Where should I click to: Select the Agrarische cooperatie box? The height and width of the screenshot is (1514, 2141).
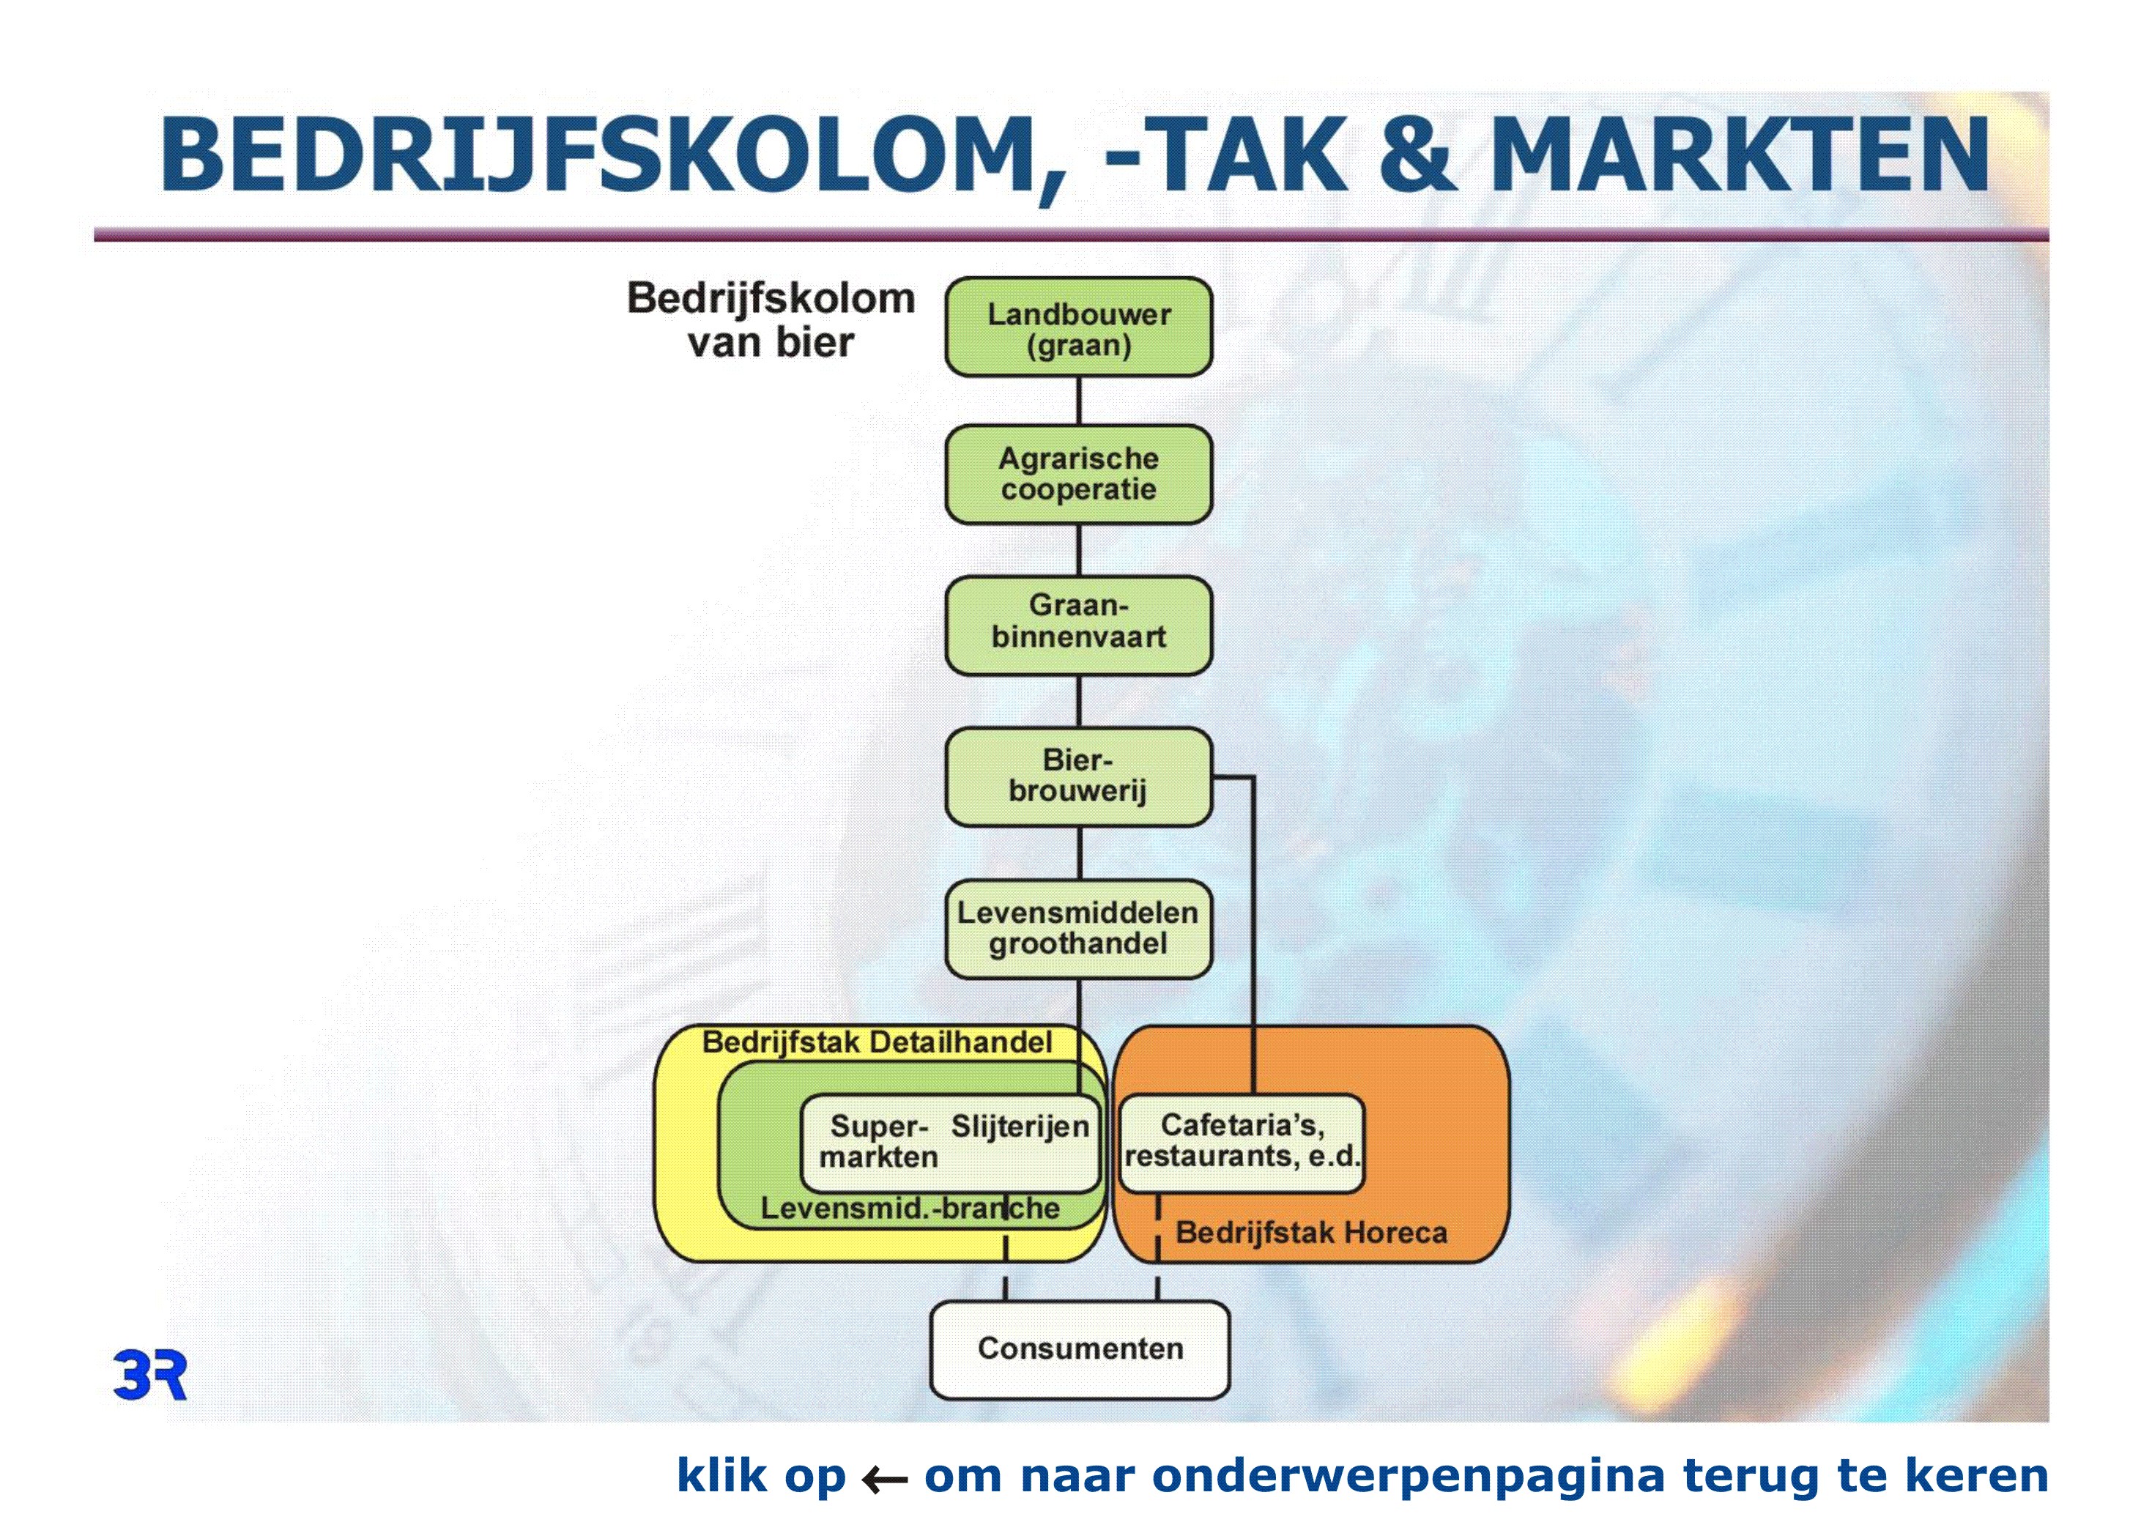click(x=1079, y=475)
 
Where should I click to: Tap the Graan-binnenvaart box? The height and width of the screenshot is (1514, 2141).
click(x=1079, y=626)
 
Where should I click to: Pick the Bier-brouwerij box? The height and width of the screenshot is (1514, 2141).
click(x=1079, y=776)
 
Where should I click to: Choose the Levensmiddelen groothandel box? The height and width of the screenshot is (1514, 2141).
click(x=1079, y=929)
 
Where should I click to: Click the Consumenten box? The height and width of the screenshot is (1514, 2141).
click(x=1080, y=1350)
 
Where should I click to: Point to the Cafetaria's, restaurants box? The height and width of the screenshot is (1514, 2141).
click(x=1241, y=1143)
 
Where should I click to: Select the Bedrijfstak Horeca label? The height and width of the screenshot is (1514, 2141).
click(x=1311, y=1233)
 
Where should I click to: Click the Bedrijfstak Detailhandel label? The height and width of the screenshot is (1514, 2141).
click(x=877, y=1042)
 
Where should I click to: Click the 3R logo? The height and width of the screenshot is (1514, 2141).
click(x=150, y=1374)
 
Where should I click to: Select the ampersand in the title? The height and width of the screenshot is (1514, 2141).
click(x=1416, y=155)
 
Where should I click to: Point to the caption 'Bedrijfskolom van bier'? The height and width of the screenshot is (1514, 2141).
click(x=771, y=320)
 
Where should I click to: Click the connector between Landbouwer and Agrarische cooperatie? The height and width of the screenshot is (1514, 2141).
click(x=1079, y=401)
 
